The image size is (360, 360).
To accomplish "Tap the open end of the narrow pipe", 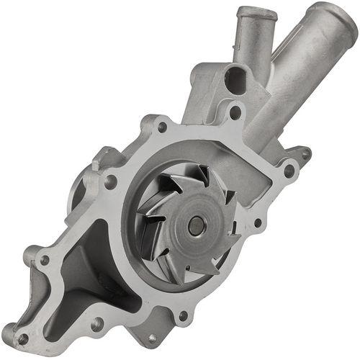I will (256, 13).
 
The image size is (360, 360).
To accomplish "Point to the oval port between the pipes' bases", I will (235, 80).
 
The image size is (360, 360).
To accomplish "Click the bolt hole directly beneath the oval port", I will (235, 112).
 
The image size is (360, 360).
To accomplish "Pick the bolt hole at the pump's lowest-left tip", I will (22, 338).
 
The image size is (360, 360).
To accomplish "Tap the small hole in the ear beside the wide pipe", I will (304, 153).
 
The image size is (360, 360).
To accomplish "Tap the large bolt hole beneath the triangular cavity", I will (96, 325).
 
